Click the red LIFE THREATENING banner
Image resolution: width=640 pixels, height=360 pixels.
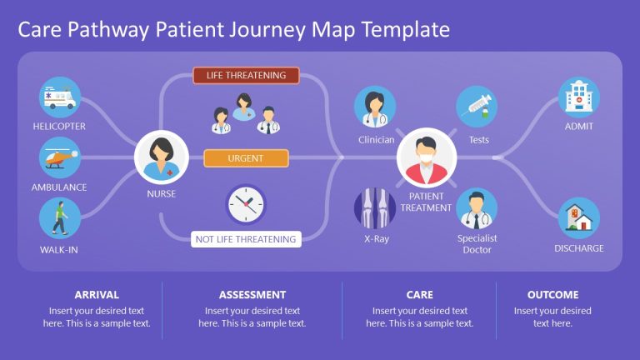coord(246,76)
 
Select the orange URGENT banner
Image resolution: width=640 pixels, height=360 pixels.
coord(246,158)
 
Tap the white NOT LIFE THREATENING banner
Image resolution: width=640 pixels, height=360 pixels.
coord(246,239)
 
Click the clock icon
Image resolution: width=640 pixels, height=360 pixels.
coord(246,204)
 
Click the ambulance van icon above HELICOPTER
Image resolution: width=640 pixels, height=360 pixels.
coord(59,97)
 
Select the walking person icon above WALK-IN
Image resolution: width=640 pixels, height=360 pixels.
coord(59,218)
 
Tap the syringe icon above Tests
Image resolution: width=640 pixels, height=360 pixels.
coord(477,107)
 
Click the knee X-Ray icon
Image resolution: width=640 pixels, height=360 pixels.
coord(375,208)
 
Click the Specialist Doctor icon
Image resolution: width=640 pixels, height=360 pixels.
coord(477,208)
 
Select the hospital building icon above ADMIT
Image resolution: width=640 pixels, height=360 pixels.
coord(578,97)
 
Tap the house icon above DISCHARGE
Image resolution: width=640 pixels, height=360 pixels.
coord(578,218)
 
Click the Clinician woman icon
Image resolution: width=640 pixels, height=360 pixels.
coord(375,107)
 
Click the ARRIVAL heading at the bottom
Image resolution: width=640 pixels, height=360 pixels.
coord(97,295)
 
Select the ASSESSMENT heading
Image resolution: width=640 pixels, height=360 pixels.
coord(252,295)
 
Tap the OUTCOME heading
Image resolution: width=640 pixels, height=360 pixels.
coord(552,295)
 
